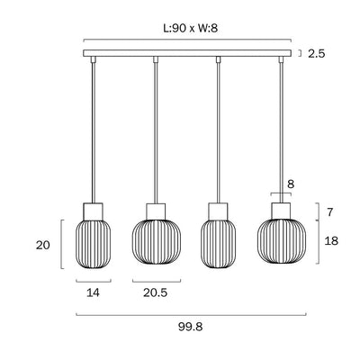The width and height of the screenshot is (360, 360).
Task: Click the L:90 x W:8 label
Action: click(x=191, y=28)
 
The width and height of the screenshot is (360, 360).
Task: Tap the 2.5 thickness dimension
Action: click(x=316, y=54)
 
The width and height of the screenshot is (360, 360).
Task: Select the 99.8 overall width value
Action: click(x=191, y=327)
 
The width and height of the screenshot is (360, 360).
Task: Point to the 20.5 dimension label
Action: click(x=155, y=292)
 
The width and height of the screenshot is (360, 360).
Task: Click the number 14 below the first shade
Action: click(x=93, y=292)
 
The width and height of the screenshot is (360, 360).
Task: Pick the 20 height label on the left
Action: click(x=43, y=246)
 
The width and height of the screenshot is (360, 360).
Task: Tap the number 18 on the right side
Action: click(x=331, y=240)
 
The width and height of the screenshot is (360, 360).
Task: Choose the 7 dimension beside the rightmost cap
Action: click(x=330, y=212)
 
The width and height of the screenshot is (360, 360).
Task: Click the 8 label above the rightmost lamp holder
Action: click(x=291, y=184)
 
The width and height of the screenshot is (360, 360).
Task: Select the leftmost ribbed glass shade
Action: click(x=93, y=244)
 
